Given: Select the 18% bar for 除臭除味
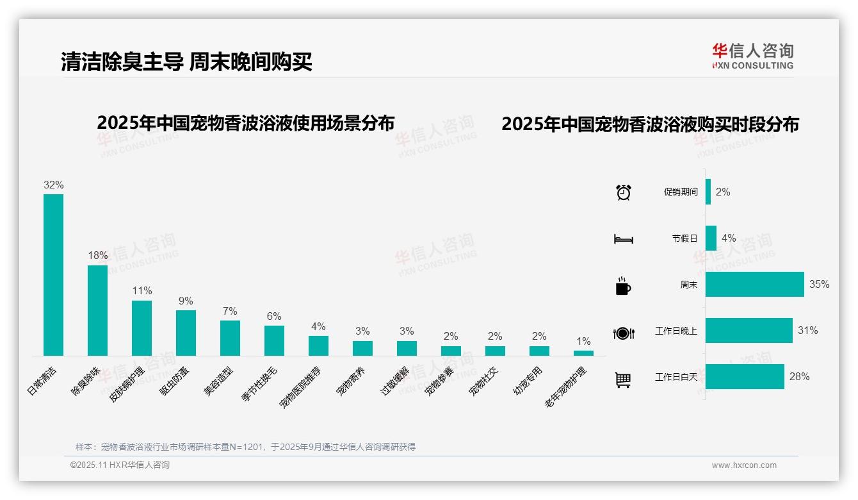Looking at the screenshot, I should click(x=97, y=310).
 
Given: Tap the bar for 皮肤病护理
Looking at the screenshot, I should click(x=142, y=328).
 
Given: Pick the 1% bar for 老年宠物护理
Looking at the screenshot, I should click(x=583, y=353).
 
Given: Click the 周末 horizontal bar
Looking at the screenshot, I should click(x=754, y=284).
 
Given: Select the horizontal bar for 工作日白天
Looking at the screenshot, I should click(x=745, y=376).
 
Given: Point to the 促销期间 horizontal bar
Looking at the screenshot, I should click(x=708, y=192).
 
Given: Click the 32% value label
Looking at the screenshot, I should click(x=53, y=185).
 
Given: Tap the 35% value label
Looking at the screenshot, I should click(x=819, y=284).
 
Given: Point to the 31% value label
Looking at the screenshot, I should click(x=807, y=330).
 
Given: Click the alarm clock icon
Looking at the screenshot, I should click(x=623, y=192).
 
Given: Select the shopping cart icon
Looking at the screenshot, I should click(x=623, y=379).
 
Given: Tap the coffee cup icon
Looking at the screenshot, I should click(x=623, y=286).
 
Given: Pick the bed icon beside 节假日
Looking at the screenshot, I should click(x=623, y=239).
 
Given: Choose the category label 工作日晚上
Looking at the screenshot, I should click(x=676, y=331).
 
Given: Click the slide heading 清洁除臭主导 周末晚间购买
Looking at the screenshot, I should click(x=186, y=62).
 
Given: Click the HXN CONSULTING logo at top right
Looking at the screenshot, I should click(x=752, y=56).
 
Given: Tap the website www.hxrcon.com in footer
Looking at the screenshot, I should click(x=744, y=465).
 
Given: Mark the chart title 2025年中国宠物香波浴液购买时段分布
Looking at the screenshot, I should click(x=650, y=124).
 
